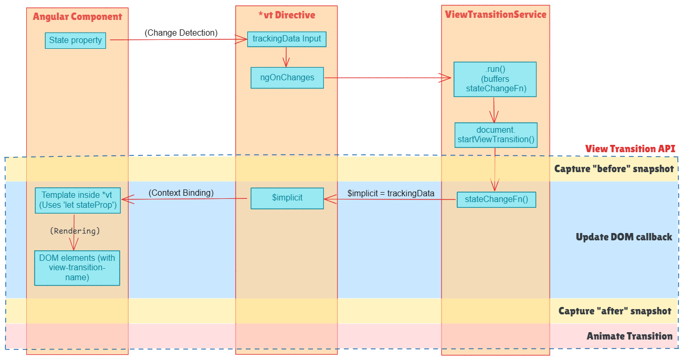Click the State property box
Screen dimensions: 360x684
[75, 40]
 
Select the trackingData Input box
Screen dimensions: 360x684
[287, 39]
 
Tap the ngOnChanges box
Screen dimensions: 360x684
[287, 78]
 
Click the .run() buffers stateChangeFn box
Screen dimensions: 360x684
[494, 79]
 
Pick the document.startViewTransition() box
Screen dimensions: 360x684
[496, 135]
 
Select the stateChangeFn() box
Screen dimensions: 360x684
[496, 199]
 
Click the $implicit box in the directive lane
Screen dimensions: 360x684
[287, 198]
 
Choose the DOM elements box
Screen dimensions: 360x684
[77, 268]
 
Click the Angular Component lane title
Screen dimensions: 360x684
[77, 17]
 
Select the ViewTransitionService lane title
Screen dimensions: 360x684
[496, 15]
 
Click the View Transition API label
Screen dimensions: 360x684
[630, 149]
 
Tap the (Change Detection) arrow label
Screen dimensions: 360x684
[181, 33]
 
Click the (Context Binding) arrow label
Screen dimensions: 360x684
[181, 193]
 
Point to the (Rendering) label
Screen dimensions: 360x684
[75, 231]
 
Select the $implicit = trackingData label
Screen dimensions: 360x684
[391, 193]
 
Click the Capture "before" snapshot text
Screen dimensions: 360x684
[614, 169]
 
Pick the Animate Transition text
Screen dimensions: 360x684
[629, 336]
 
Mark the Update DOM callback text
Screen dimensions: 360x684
[624, 237]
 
